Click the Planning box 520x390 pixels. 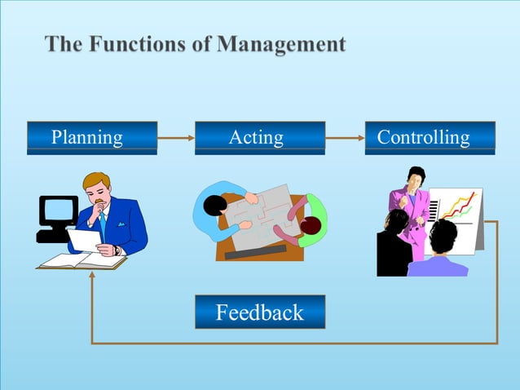pos(91,137)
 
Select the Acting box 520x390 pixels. pos(259,137)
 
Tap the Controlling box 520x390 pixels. pos(430,137)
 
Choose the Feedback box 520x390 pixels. pos(259,312)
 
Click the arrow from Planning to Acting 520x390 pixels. pos(175,138)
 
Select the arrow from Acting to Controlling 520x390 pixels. pos(344,138)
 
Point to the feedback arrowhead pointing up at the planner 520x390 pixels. pos(92,276)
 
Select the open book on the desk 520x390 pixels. pos(82,261)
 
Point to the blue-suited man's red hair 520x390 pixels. pos(97,182)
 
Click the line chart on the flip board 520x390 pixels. pos(458,208)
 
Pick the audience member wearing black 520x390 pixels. pos(394,245)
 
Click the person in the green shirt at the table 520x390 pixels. pos(312,225)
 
